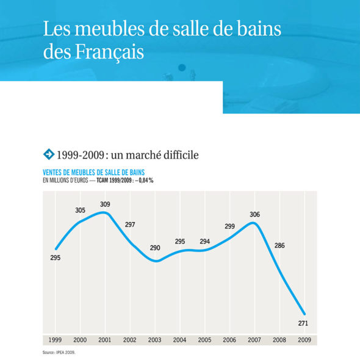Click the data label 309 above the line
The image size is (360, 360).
tap(105, 204)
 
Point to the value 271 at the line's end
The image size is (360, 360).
tap(303, 323)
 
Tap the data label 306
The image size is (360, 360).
tap(255, 214)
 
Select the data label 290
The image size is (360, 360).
tap(155, 248)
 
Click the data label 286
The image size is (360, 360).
tap(279, 246)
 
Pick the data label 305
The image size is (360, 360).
tap(81, 210)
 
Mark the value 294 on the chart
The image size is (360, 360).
tap(205, 242)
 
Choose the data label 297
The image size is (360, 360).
tap(130, 225)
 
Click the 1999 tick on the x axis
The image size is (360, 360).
tap(55, 340)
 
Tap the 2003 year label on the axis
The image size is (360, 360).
tap(155, 340)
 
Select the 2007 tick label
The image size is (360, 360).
tap(254, 340)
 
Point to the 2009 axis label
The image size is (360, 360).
tap(304, 340)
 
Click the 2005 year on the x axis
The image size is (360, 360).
tap(204, 340)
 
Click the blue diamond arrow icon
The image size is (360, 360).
tap(49, 154)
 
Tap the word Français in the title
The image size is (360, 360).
tap(109, 52)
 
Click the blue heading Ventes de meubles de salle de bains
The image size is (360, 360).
tap(94, 173)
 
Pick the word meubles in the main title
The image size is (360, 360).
tap(109, 29)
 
